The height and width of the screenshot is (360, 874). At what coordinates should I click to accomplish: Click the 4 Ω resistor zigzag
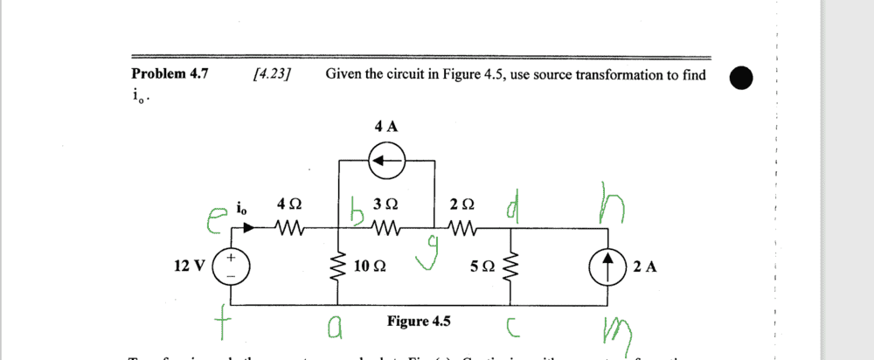click(x=288, y=230)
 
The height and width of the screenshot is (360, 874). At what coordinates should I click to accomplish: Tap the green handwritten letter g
click(x=429, y=259)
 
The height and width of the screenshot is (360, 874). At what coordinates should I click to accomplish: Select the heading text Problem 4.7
click(x=170, y=74)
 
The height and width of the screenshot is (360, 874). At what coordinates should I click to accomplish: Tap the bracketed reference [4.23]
click(x=271, y=74)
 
